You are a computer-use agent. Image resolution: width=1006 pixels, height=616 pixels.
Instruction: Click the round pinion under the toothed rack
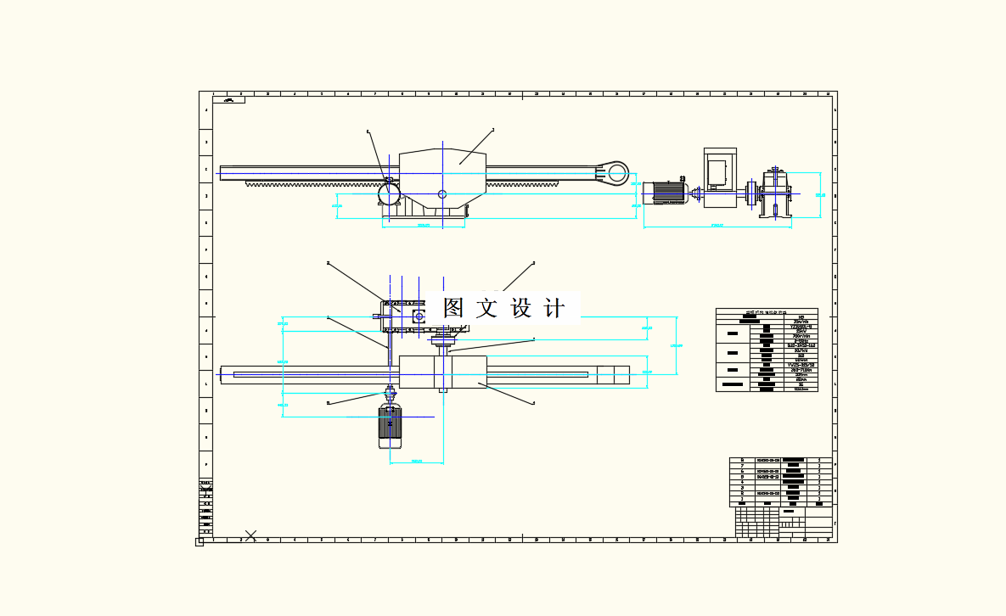point(389,195)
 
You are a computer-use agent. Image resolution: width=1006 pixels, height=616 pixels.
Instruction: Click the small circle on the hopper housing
point(442,194)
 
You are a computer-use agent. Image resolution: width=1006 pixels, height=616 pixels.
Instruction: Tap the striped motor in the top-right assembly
point(668,193)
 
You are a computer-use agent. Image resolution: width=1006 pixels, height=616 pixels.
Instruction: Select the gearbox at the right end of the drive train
point(777,195)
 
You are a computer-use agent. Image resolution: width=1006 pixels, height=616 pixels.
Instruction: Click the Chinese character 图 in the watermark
point(455,308)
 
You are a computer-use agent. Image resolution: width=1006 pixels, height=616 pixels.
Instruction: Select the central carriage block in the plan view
point(442,372)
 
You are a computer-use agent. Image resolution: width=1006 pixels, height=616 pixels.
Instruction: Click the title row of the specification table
point(767,311)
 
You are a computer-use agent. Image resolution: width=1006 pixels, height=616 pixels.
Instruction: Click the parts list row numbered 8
point(780,461)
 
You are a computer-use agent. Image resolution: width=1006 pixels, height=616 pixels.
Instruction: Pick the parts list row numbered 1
point(780,499)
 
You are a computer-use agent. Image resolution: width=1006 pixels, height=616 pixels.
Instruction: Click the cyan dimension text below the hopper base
point(424,226)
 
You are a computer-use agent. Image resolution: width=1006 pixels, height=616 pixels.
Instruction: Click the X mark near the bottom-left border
point(250,534)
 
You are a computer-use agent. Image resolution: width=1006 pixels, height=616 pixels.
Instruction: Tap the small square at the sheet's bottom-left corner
point(200,541)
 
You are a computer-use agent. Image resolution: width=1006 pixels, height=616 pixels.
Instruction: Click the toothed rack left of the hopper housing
point(314,183)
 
